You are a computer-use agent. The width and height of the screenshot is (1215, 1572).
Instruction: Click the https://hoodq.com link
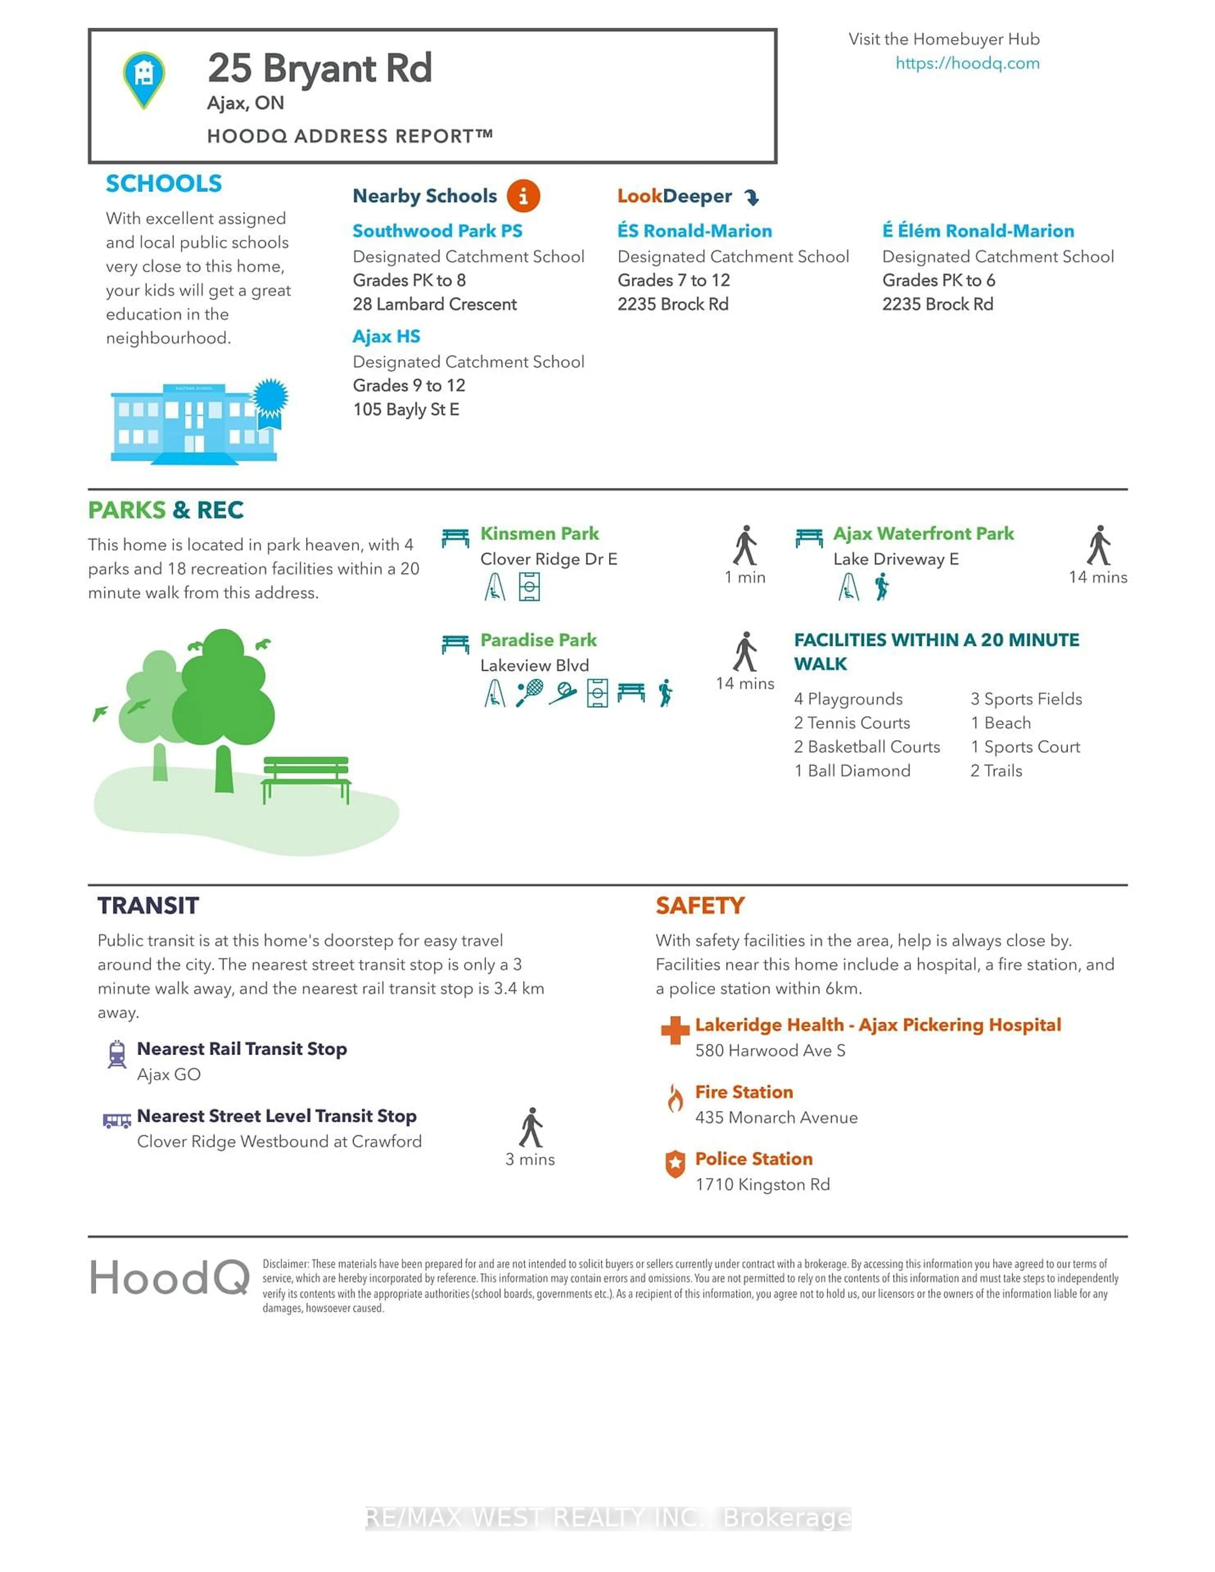[967, 63]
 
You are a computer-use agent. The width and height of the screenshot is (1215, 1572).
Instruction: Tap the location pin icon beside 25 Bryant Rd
[144, 78]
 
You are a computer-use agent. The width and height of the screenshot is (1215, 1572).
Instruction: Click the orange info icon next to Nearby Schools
[523, 196]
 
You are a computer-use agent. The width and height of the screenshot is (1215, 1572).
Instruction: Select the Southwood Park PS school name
[437, 231]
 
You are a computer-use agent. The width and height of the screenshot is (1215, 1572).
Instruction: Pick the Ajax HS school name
[386, 336]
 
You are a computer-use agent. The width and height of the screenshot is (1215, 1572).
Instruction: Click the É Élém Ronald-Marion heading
[977, 231]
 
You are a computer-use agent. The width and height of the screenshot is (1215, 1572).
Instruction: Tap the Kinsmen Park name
[539, 533]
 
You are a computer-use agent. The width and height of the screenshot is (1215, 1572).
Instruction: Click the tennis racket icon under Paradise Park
[529, 693]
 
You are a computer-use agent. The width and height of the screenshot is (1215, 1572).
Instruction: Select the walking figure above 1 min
[745, 546]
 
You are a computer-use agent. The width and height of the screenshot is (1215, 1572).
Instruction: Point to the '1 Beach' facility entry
[1000, 723]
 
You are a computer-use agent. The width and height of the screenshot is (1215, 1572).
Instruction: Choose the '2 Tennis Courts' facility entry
[851, 723]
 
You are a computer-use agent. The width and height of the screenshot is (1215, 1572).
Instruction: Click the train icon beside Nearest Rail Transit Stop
[117, 1054]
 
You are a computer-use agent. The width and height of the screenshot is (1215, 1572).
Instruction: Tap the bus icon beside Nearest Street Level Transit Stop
[117, 1120]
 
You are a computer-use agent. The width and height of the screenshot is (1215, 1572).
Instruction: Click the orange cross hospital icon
[675, 1030]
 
